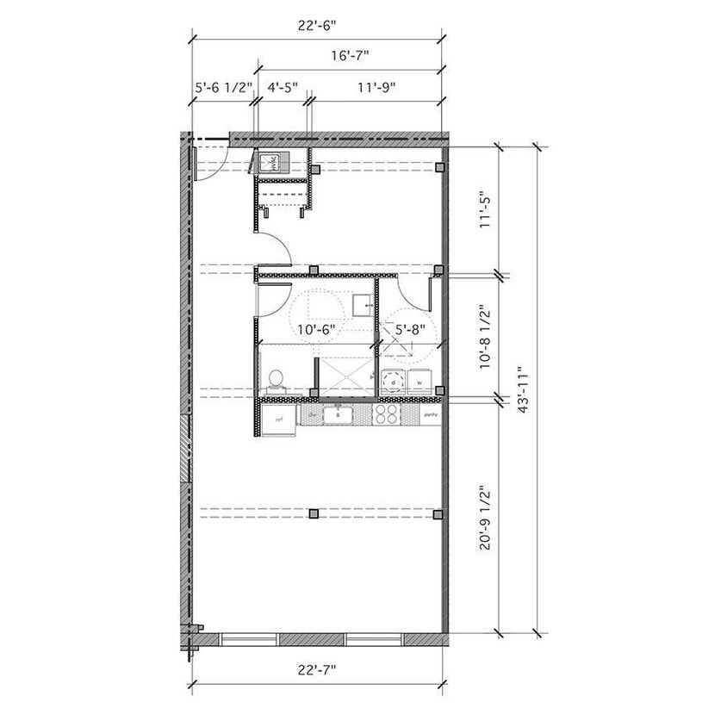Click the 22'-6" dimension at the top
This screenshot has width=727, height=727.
tap(316, 25)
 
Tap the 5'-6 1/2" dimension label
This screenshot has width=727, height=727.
tap(222, 87)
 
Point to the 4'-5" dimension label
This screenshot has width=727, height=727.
tap(283, 87)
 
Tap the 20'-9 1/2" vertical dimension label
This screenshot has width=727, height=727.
tap(487, 517)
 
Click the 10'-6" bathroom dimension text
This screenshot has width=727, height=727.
tap(315, 328)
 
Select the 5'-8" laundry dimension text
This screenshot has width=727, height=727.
tap(410, 328)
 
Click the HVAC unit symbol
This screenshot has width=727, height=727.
tap(268, 162)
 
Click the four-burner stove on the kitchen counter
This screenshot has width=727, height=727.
tap(387, 415)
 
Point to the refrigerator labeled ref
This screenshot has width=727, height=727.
tap(278, 419)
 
